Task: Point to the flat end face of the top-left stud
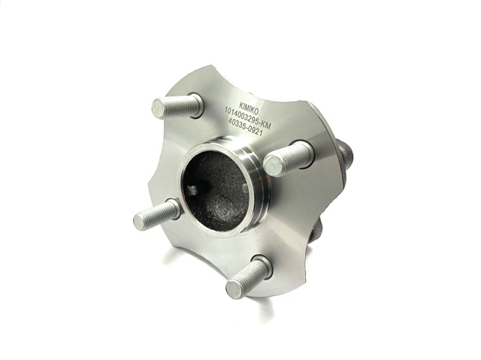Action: point(159,108)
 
